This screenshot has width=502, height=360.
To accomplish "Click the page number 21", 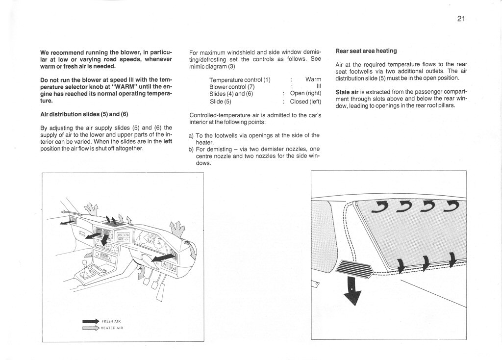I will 460,19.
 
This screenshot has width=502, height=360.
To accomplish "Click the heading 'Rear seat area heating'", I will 366,51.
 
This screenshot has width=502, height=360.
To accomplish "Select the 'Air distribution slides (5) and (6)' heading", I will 84,114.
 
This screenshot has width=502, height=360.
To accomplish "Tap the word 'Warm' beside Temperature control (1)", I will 313,79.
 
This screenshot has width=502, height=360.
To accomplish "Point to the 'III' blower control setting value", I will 318,87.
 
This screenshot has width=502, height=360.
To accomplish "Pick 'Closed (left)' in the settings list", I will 305,102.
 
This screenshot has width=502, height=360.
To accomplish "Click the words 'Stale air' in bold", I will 347,92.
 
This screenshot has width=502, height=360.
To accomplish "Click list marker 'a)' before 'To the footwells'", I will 192,135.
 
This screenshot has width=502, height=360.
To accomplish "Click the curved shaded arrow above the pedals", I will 141,271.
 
